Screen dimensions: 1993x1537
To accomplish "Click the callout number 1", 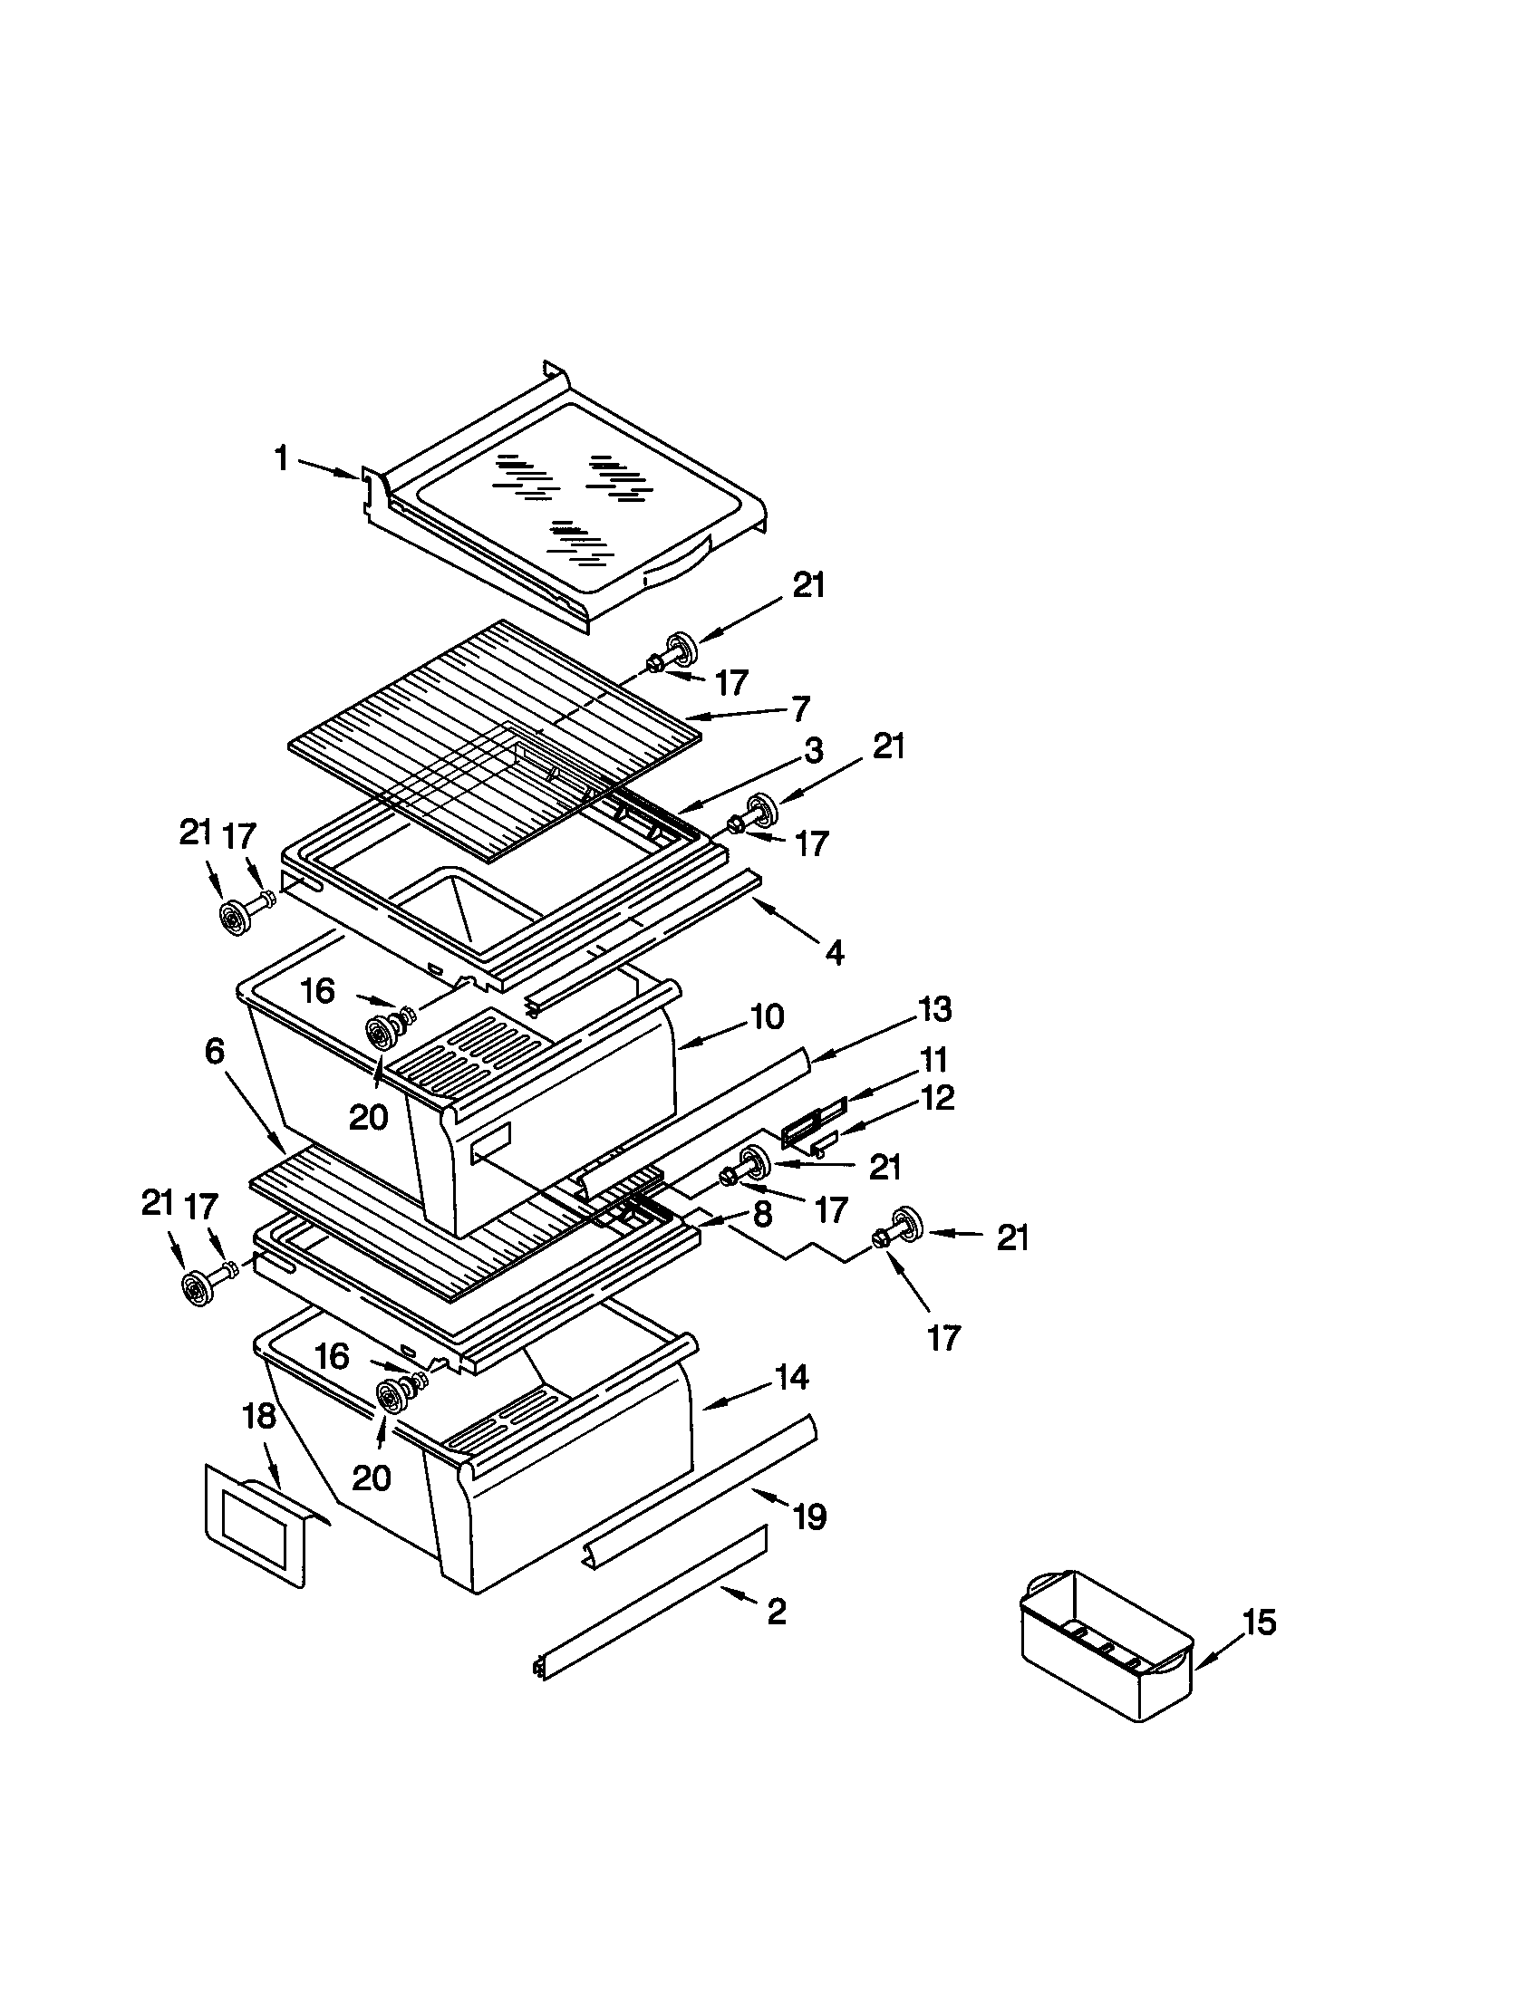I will pos(282,459).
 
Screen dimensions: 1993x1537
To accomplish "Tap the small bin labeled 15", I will pos(1106,1651).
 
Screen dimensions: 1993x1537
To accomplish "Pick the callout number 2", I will pos(776,1613).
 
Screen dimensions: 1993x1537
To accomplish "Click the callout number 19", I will pos(808,1516).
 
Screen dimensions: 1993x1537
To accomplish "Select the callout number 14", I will pos(791,1377).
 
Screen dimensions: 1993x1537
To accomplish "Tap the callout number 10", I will pos(767,1016).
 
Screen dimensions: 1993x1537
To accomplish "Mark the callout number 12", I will pos(938,1097).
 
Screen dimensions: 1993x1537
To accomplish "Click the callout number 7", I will pos(799,708).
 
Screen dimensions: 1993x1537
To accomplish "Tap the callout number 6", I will pos(214,1051).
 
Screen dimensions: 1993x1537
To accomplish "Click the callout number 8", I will pos(763,1214).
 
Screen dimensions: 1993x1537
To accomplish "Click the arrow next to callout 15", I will pos(1221,1651).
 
